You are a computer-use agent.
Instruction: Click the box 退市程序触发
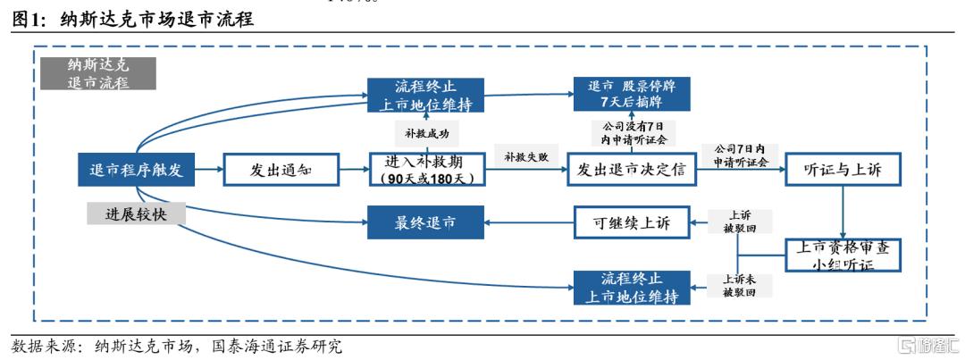(x=136, y=169)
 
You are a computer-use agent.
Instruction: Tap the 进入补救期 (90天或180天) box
(x=427, y=169)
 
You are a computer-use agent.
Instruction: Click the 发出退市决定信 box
(x=631, y=169)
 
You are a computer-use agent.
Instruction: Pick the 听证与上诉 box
(x=843, y=169)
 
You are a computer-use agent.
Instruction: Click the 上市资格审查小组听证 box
(x=843, y=254)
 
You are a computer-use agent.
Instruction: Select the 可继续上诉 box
(x=633, y=222)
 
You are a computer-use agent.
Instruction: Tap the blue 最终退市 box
(x=424, y=222)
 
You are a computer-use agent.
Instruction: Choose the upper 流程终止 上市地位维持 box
(x=426, y=96)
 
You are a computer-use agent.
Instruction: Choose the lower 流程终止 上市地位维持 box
(x=632, y=287)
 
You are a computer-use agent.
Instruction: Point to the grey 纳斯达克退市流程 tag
(x=98, y=74)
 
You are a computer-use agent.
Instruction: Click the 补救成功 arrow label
(x=426, y=131)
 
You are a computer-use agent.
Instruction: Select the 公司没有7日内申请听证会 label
(x=633, y=132)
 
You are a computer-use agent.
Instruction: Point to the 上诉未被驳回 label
(x=739, y=285)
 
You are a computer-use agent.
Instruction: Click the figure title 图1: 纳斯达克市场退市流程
(x=135, y=20)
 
